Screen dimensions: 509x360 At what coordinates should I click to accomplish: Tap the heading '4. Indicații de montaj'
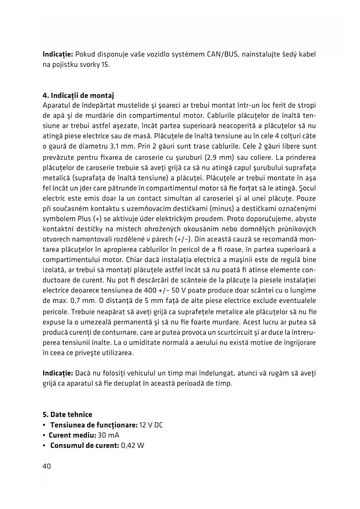pos(78,95)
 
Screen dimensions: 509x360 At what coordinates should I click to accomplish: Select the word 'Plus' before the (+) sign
pos(84,219)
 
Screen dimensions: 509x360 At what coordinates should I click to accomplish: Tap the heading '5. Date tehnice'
pos(67,415)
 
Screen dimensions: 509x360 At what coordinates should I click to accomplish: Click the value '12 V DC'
pos(151,425)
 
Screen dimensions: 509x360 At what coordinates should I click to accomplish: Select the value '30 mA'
pos(109,435)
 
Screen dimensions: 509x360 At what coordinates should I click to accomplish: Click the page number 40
pos(47,466)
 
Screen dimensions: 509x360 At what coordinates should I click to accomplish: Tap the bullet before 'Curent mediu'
pos(44,435)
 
